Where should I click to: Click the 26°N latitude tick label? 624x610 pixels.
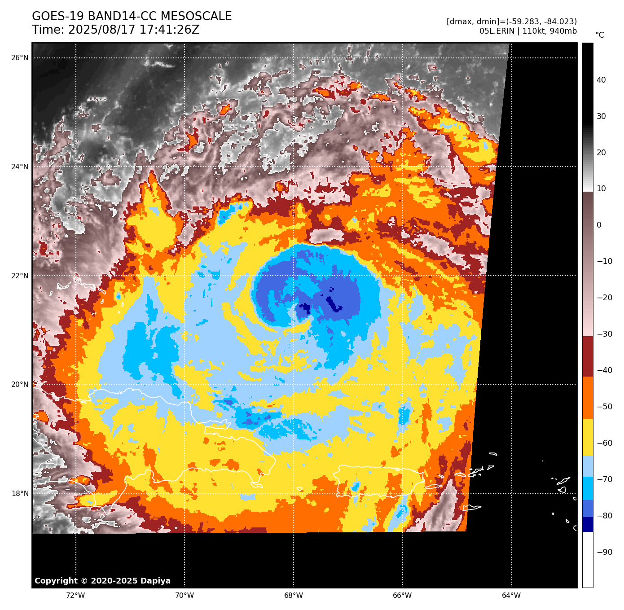click(x=20, y=57)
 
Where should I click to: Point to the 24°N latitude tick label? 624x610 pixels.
click(x=20, y=167)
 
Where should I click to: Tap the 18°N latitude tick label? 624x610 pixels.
click(x=20, y=494)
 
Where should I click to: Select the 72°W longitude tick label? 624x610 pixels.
click(x=75, y=596)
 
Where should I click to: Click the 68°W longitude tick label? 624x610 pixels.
click(x=294, y=596)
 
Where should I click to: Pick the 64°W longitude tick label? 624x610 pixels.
click(x=511, y=596)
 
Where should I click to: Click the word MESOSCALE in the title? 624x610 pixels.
click(x=196, y=17)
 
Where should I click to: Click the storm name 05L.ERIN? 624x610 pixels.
click(x=496, y=31)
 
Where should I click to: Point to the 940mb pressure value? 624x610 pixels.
click(x=563, y=31)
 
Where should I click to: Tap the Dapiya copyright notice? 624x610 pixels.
click(x=102, y=581)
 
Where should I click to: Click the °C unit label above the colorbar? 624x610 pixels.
click(x=600, y=35)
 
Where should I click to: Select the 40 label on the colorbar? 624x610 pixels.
click(x=601, y=80)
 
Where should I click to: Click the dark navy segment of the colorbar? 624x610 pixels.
click(x=588, y=524)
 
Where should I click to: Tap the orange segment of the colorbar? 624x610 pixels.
click(x=588, y=398)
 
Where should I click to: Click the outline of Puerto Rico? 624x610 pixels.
click(x=379, y=467)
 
